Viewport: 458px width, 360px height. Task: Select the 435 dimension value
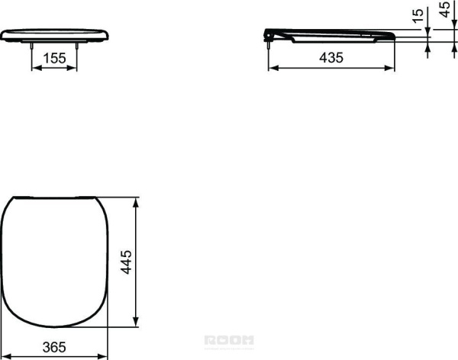click(x=331, y=57)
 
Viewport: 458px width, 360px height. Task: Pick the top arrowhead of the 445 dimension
click(x=137, y=202)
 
